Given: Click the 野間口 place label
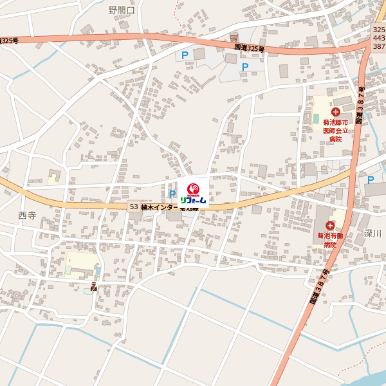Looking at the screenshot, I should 121,10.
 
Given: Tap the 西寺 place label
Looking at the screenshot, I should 27,216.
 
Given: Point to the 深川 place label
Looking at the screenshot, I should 372,234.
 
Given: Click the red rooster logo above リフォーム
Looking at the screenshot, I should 193,189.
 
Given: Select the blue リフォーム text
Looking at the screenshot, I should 193,200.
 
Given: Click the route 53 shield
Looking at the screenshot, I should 133,207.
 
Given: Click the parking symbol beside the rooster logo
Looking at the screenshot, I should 172,194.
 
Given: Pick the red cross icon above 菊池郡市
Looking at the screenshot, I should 335,112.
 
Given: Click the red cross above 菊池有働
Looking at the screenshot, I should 330,225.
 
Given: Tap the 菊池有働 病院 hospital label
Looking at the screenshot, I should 330,240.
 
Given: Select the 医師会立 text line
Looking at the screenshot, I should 335,130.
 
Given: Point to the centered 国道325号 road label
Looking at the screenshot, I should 249,48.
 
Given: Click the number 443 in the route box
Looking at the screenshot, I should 379,38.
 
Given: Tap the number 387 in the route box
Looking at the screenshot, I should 379,46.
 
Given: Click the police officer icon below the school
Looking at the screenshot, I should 95,286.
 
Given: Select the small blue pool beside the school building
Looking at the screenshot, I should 87,291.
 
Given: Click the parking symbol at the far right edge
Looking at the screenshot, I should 370,181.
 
